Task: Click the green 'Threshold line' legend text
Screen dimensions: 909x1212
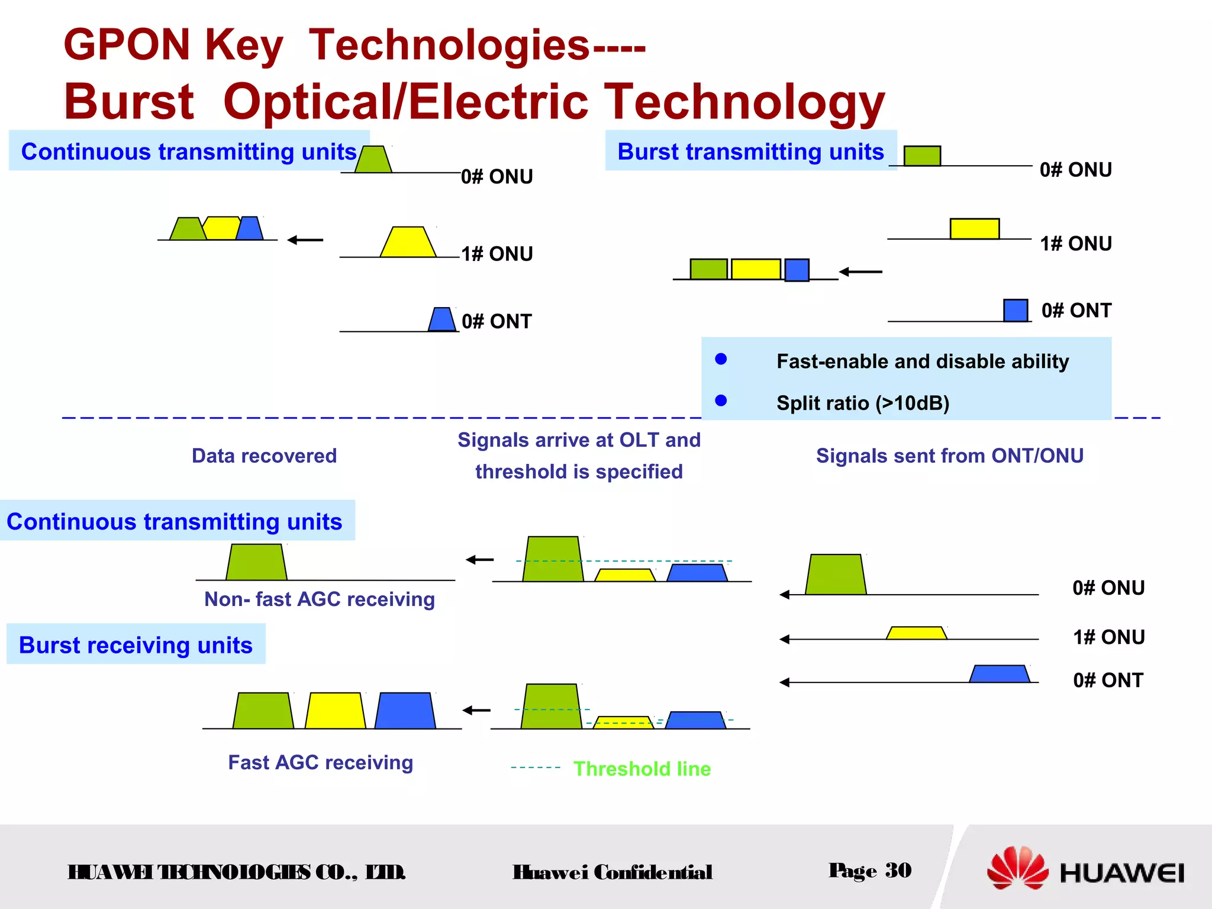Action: [642, 769]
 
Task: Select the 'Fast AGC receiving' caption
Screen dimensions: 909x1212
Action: [320, 762]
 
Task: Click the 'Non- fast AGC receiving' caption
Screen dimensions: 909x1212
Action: [319, 599]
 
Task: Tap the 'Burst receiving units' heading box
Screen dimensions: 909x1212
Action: [136, 644]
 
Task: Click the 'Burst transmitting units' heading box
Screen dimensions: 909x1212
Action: [750, 151]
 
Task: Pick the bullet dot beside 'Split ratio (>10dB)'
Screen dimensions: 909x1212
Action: [721, 401]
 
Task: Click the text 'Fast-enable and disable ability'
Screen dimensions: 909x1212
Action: [922, 361]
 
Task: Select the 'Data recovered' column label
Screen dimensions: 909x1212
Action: [264, 456]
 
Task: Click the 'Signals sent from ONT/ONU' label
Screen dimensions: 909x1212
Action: [949, 456]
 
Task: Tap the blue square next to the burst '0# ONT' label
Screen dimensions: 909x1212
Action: [1016, 311]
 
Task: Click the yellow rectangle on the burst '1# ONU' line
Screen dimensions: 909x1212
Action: [974, 228]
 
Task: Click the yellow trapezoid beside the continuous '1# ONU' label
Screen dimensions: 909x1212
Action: [408, 243]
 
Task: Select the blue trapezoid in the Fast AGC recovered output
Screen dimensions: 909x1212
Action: [405, 711]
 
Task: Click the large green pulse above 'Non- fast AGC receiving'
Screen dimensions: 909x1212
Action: [256, 562]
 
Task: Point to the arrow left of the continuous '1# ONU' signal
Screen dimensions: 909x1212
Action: [305, 240]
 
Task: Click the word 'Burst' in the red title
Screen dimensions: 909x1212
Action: [129, 102]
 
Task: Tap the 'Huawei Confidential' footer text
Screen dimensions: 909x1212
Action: [612, 872]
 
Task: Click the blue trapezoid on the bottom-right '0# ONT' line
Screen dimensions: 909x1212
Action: [999, 674]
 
